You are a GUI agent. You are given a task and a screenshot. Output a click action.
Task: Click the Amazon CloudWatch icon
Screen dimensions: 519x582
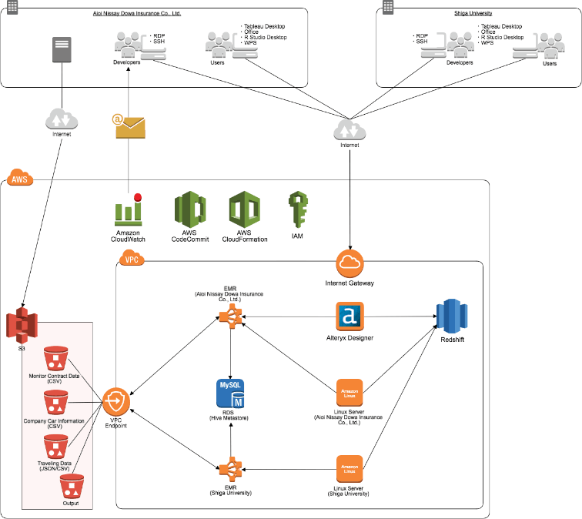(x=128, y=209)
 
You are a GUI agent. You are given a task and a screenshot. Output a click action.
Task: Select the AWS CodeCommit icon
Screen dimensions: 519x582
(x=189, y=209)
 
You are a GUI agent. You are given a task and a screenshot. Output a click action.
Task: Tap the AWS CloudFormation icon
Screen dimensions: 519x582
(x=243, y=209)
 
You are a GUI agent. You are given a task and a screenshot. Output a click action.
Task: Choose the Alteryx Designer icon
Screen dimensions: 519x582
(x=350, y=316)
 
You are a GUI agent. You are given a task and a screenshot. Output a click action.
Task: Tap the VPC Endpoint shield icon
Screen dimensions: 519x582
(x=116, y=400)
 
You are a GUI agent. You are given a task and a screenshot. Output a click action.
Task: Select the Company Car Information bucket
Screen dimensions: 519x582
(x=55, y=403)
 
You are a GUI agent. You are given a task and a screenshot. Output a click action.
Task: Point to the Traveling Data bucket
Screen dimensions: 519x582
(x=55, y=447)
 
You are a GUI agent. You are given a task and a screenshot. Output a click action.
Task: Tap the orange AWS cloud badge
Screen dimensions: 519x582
(x=17, y=179)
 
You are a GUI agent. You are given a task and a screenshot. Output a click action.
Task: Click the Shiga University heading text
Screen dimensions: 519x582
(x=473, y=13)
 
